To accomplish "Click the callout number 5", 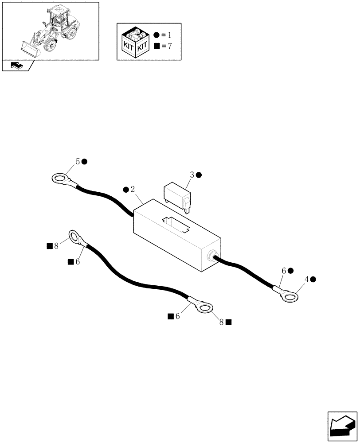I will [78, 162].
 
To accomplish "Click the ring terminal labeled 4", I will [290, 295].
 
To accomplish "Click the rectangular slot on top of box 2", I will [176, 224].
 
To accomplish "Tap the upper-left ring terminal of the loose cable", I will [75, 237].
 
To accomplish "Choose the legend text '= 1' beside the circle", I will [166, 35].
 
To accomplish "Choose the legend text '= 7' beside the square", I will [166, 47].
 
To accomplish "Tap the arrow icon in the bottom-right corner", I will [342, 426].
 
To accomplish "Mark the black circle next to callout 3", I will [199, 175].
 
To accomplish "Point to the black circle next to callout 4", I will [313, 279].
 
